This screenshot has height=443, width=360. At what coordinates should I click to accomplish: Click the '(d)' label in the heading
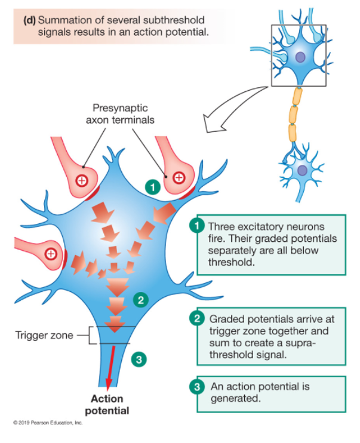point(30,19)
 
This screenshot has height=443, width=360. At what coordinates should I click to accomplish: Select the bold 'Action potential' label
point(107,405)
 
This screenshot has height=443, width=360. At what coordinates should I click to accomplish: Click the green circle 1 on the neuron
point(153,187)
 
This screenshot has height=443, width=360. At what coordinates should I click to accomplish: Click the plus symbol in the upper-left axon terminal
point(81,180)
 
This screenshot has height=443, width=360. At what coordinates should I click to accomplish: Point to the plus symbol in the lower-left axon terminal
point(51,254)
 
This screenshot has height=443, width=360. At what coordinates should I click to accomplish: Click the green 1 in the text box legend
point(196,227)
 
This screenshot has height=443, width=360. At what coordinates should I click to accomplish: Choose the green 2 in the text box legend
point(196,319)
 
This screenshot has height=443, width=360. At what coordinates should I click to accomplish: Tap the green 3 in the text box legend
point(196,387)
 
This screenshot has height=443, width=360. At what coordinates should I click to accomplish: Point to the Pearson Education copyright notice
point(48,422)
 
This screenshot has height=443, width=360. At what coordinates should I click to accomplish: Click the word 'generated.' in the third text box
point(235,398)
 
